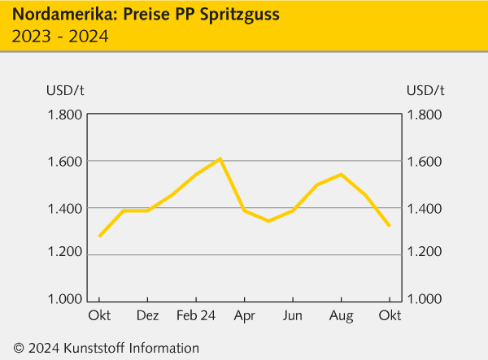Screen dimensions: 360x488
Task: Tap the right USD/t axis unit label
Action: click(425, 89)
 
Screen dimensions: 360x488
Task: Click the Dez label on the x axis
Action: click(147, 314)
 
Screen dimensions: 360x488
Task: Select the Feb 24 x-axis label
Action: click(196, 314)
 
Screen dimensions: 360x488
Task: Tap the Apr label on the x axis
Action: click(245, 314)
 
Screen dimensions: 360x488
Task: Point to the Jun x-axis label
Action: click(293, 314)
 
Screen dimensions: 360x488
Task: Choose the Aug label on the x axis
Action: click(342, 314)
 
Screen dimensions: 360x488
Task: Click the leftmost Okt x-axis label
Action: click(99, 314)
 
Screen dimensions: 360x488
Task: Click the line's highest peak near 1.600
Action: click(220, 158)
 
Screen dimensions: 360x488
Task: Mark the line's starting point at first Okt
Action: click(99, 236)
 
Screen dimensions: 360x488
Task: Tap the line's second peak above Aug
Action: click(341, 175)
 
